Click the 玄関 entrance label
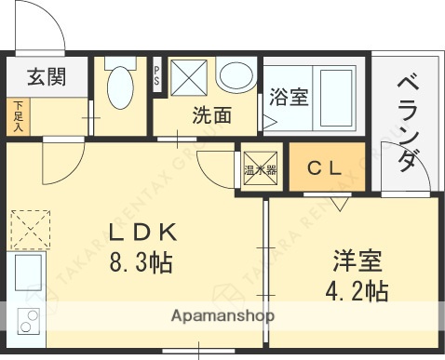click(46, 76)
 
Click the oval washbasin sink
click(236, 77)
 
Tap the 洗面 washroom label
click(211, 116)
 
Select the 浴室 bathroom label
click(289, 96)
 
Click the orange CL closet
click(327, 168)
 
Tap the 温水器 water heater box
click(260, 169)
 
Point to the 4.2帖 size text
click(357, 291)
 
